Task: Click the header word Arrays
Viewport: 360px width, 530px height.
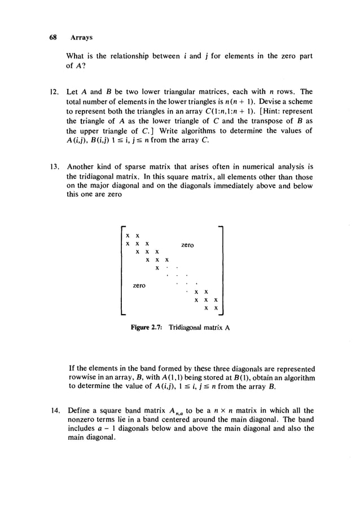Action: click(81, 37)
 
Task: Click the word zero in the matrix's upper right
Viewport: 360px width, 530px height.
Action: click(187, 245)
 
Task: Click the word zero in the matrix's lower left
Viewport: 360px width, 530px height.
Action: click(139, 286)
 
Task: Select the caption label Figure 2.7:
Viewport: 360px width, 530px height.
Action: click(148, 328)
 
